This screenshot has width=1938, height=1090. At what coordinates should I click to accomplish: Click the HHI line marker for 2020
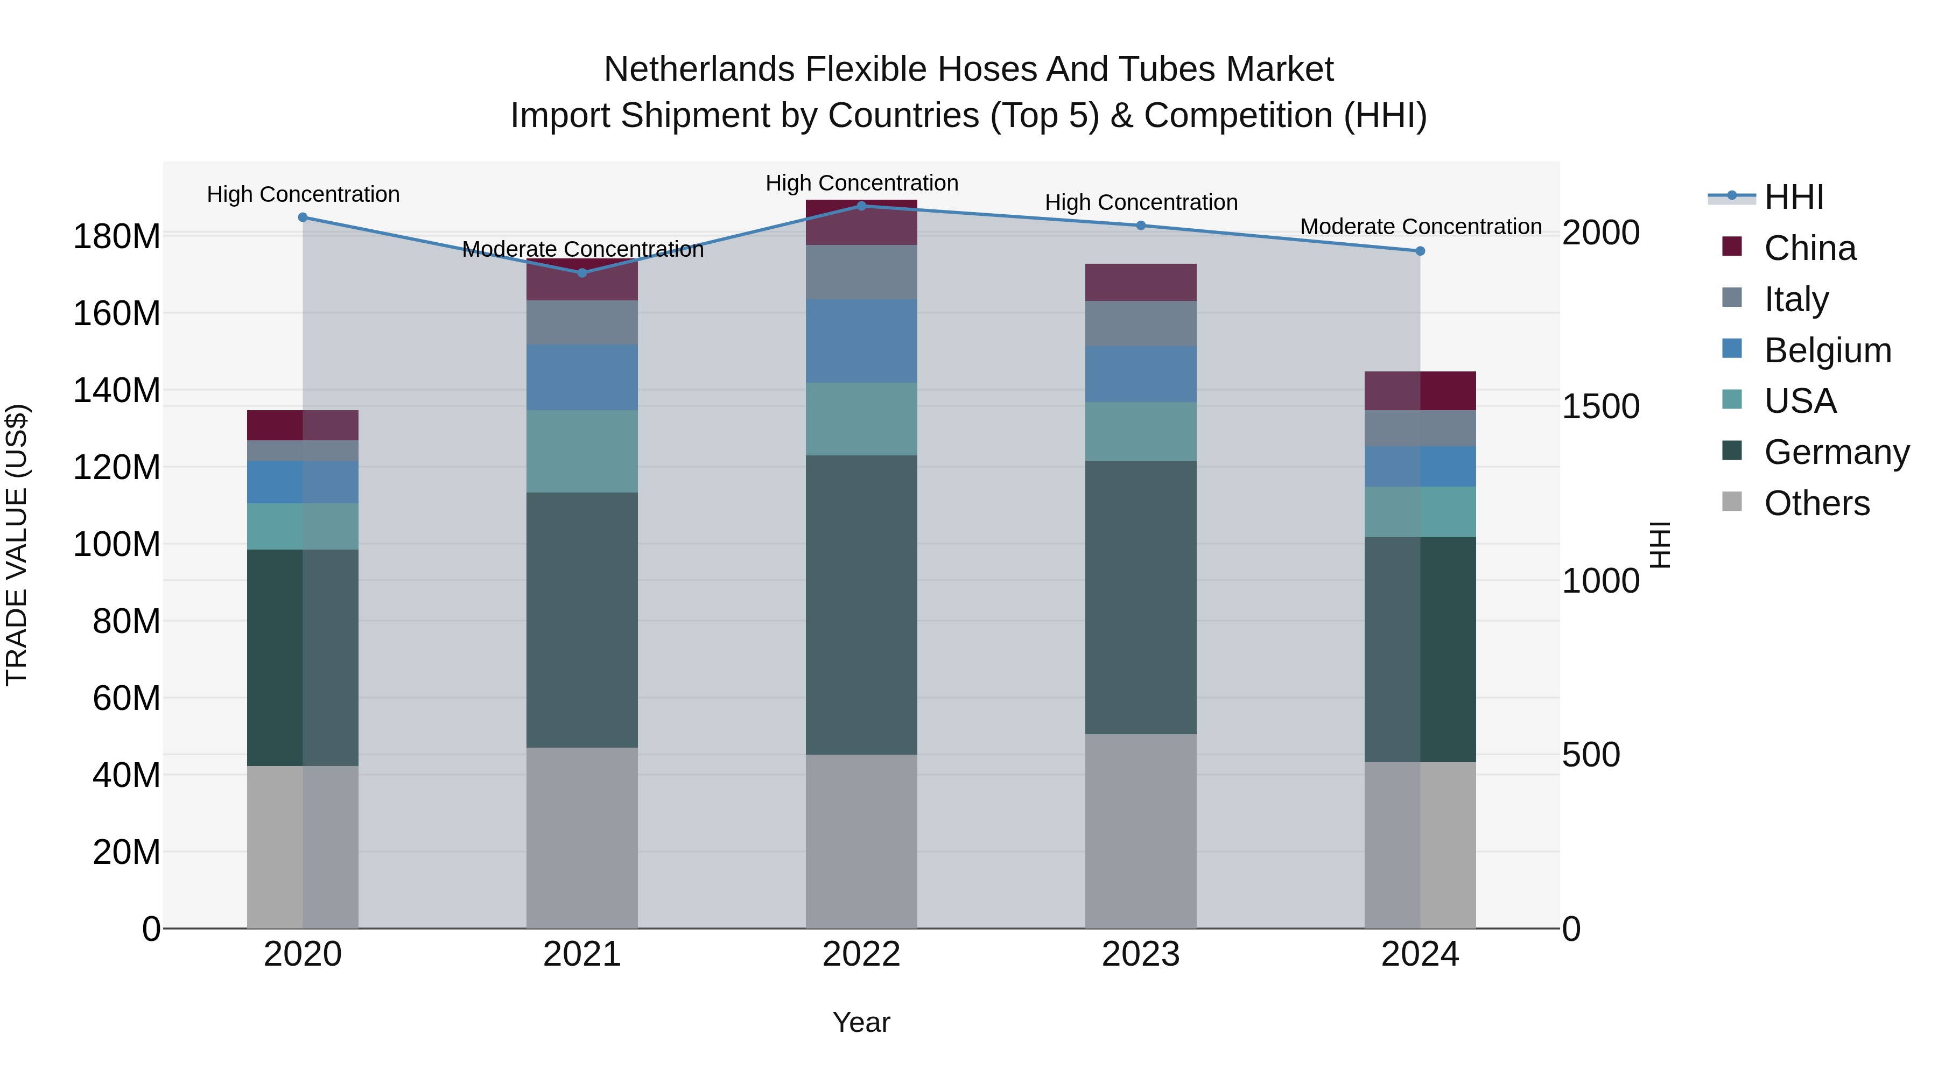click(x=303, y=217)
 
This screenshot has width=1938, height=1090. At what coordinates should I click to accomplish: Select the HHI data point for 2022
click(x=861, y=206)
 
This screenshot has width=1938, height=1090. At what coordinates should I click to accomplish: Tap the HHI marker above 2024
click(x=1420, y=251)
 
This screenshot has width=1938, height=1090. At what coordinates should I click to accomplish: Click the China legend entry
click(x=1809, y=248)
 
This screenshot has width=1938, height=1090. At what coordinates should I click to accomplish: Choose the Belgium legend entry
click(x=1827, y=350)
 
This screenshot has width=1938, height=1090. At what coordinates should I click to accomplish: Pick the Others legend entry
click(x=1816, y=503)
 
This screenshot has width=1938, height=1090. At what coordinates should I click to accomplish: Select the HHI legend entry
click(x=1794, y=197)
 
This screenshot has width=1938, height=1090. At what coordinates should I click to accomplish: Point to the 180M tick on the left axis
click(x=117, y=237)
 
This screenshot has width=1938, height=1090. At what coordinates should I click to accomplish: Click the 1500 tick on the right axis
click(x=1600, y=407)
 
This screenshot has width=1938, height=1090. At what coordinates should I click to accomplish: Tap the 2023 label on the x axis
click(x=1141, y=954)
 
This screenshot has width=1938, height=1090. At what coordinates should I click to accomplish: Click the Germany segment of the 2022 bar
click(x=861, y=605)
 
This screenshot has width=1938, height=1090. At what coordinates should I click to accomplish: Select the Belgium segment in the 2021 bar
click(x=581, y=378)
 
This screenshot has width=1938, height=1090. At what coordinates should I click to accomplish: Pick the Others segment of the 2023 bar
click(x=1141, y=831)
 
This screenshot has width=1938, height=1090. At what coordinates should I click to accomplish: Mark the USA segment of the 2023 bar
click(x=1141, y=432)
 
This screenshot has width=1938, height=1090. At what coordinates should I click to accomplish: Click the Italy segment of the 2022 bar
click(x=861, y=272)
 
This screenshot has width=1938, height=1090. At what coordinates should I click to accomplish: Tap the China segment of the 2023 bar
click(x=1141, y=283)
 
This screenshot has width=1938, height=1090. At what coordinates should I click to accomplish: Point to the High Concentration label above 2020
click(x=303, y=194)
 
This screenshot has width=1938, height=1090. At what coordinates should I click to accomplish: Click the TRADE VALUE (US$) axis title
click(x=17, y=545)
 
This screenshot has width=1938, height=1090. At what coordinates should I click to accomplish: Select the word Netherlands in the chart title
click(x=700, y=69)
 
